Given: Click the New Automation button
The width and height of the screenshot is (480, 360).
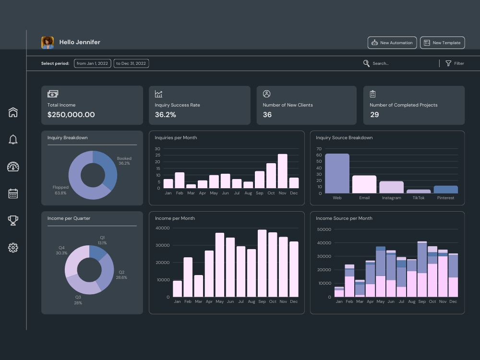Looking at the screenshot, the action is point(392,43).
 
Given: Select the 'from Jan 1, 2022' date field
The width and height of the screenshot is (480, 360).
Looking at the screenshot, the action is point(93,63).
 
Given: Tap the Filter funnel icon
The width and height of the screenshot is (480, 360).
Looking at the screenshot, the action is point(448,63).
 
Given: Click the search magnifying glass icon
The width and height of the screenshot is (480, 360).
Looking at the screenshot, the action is point(366,63).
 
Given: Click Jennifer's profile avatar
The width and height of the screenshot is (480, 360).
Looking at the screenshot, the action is point(48,43).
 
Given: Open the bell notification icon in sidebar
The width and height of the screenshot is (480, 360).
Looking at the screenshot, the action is point(13,140).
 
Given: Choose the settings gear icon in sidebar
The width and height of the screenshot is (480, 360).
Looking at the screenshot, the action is point(13,248).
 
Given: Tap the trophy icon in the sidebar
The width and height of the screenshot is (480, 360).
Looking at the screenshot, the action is point(13,220).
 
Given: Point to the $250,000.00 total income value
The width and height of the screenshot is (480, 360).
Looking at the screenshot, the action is point(71,115).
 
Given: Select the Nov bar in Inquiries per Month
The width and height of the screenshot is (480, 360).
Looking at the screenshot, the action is point(283,171).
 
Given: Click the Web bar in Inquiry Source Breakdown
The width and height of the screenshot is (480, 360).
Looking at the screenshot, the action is point(337,174).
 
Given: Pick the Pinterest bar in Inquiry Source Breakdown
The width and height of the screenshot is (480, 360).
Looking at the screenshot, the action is point(446,190).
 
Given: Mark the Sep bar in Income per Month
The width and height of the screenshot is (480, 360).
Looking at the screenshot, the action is point(262,263).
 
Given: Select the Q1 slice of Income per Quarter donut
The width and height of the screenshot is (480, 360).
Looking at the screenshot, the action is point(97,252).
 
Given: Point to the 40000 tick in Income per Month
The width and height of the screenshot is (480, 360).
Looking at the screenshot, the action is point(163,228).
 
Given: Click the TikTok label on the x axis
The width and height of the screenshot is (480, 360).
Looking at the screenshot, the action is point(419,198).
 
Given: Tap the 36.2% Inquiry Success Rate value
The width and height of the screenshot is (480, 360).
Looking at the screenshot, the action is point(165,115).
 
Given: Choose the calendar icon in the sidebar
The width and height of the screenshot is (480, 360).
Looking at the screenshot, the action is point(13,193).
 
